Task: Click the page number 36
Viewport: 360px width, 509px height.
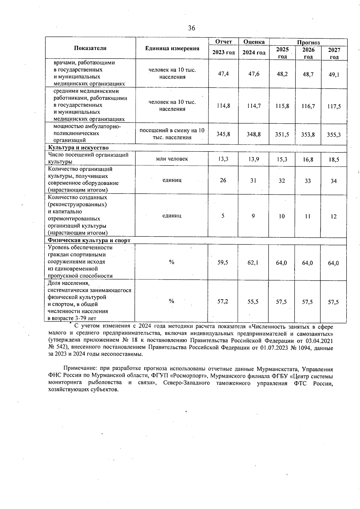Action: [x=191, y=28]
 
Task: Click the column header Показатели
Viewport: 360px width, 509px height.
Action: [x=90, y=48]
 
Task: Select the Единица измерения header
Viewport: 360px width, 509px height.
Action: [x=172, y=48]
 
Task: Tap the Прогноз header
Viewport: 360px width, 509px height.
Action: [x=308, y=42]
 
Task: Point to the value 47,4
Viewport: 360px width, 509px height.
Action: [x=223, y=74]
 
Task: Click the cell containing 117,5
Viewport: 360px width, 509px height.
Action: [x=334, y=106]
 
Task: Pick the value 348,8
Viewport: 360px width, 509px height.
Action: [x=254, y=134]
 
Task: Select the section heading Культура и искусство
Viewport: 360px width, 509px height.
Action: [x=79, y=148]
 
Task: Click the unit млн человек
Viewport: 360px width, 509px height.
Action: [x=172, y=159]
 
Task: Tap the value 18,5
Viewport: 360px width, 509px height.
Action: [x=334, y=160]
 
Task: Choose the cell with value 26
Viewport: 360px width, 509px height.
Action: [x=223, y=180]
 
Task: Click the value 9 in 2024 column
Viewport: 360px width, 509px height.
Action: [x=253, y=216]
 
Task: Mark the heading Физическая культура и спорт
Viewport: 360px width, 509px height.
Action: [x=89, y=240]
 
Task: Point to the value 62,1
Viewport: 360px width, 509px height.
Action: [x=253, y=263]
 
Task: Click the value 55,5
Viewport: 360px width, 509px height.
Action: [x=253, y=302]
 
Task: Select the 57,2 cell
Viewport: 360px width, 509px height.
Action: [x=223, y=301]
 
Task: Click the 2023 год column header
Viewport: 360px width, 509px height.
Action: [x=223, y=53]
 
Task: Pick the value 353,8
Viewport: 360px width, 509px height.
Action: [x=308, y=134]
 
